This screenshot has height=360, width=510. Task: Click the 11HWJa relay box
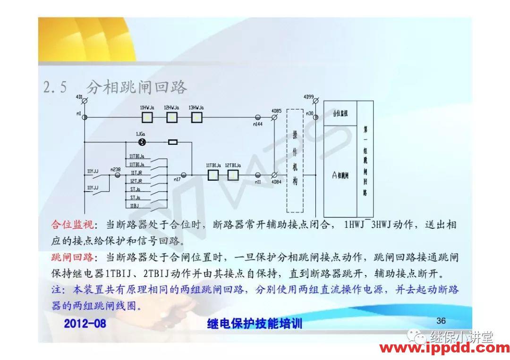tap(148, 117)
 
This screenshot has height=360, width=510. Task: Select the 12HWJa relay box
tap(172, 117)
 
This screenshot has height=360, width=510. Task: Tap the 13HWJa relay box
tap(196, 117)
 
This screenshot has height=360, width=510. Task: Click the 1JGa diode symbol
tap(141, 142)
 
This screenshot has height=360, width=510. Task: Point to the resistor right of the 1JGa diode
tap(173, 142)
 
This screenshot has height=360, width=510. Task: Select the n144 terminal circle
tap(258, 117)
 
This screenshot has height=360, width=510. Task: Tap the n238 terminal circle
tap(118, 175)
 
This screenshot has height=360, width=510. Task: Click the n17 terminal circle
tap(184, 175)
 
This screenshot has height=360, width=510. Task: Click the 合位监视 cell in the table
tap(340, 113)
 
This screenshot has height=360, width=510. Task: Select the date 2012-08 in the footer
tap(85, 323)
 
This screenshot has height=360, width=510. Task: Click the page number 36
tap(441, 321)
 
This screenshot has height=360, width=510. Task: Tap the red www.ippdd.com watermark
tap(444, 349)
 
